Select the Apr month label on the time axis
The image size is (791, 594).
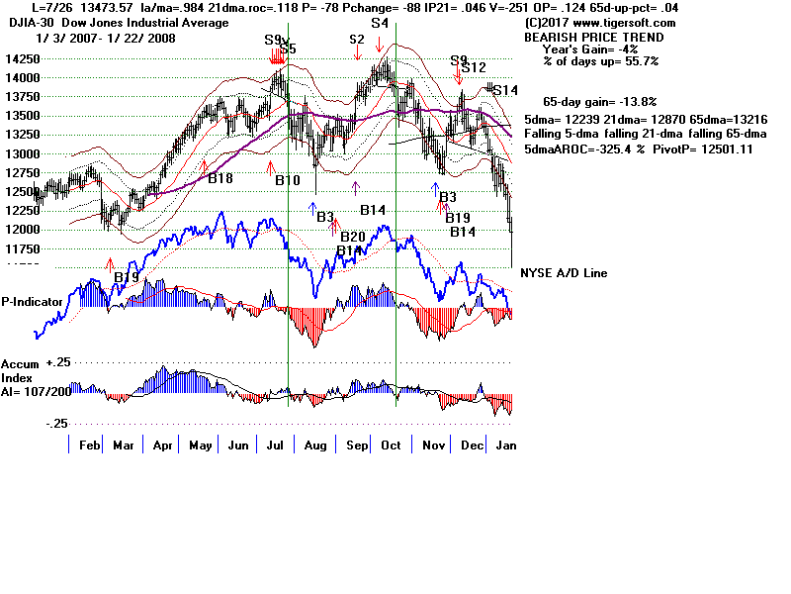pyautogui.click(x=163, y=446)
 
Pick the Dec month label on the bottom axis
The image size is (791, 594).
pyautogui.click(x=473, y=446)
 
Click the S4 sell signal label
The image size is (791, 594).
pyautogui.click(x=380, y=23)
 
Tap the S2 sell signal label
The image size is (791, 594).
pyautogui.click(x=357, y=40)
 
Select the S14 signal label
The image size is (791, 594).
pyautogui.click(x=505, y=90)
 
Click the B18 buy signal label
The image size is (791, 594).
pyautogui.click(x=220, y=178)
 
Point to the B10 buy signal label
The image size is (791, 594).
pyautogui.click(x=287, y=180)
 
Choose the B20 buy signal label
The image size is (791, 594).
pyautogui.click(x=352, y=237)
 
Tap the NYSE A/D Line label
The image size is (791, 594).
pyautogui.click(x=566, y=273)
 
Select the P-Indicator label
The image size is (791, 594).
pyautogui.click(x=34, y=302)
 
